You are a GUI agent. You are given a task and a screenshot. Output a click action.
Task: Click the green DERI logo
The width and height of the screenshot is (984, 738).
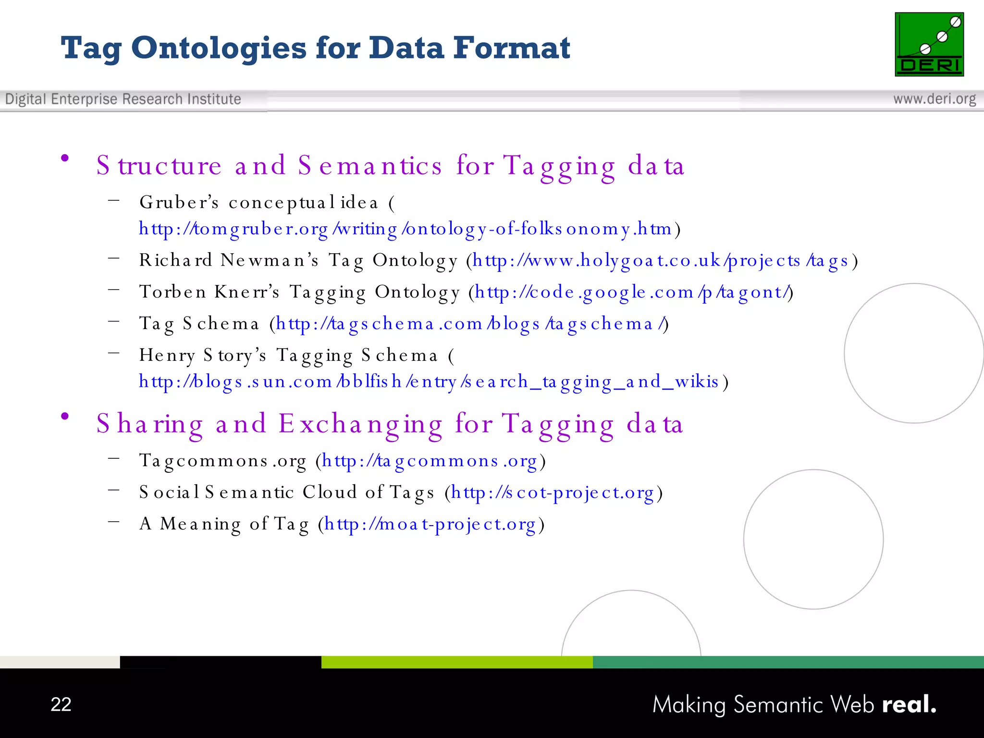pos(929,44)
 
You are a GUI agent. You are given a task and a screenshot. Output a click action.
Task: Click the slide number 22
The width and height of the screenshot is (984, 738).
pos(61,704)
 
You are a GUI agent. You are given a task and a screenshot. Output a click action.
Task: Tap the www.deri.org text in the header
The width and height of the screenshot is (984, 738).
pos(934,99)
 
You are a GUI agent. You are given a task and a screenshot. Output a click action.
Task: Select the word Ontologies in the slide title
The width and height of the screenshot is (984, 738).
pos(219,49)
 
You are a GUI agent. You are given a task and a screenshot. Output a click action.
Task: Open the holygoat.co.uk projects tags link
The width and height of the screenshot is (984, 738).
pos(660,260)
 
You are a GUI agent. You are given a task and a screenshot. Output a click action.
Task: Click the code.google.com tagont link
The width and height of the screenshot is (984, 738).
pos(632,292)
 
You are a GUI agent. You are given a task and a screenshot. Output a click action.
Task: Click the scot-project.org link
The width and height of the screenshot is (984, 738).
pos(553,492)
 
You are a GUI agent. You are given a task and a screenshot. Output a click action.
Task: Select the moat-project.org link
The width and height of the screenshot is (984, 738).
pos(430,524)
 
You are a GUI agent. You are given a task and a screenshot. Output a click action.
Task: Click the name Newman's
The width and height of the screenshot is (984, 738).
pos(270,260)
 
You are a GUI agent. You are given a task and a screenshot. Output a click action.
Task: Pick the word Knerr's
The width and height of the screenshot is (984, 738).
pos(246,292)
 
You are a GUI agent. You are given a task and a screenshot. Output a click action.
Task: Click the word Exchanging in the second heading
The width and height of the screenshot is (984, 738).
pos(360,424)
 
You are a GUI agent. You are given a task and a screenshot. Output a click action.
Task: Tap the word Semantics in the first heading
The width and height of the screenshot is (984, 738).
pos(369,166)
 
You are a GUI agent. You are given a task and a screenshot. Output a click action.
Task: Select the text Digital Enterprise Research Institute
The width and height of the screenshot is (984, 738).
pos(123,99)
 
